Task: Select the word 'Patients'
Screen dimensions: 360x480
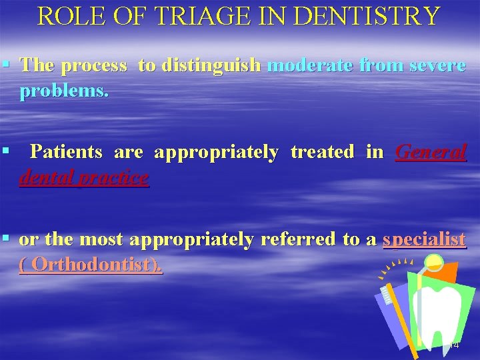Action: [x=67, y=152]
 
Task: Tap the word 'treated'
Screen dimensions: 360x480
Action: [x=323, y=152]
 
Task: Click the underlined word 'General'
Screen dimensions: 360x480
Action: [x=431, y=152]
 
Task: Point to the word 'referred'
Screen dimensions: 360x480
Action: [x=299, y=239]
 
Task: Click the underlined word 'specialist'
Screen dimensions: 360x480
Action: [x=424, y=239]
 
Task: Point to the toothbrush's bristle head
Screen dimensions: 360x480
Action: [x=388, y=294]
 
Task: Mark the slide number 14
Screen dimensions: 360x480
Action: [x=454, y=345]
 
